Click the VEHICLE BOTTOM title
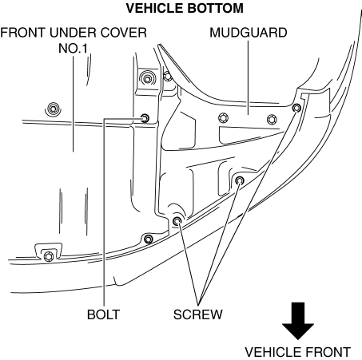(185, 8)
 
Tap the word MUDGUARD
(249, 33)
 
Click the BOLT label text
(103, 315)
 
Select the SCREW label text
(197, 315)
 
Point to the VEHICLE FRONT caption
(297, 352)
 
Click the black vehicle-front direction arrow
(298, 321)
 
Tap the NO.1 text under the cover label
(73, 49)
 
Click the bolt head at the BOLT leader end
(145, 118)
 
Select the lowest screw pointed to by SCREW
(177, 220)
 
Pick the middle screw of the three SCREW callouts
(240, 180)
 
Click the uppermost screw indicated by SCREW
(296, 108)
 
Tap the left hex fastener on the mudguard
(223, 118)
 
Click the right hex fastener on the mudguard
(272, 120)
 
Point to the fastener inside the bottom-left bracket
(48, 257)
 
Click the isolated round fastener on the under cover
(53, 109)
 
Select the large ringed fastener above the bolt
(147, 78)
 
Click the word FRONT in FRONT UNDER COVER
(22, 33)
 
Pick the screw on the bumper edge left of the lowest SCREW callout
(149, 239)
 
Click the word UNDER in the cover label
(73, 33)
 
